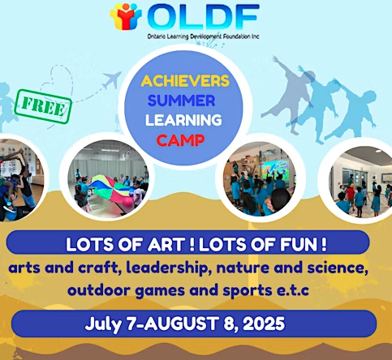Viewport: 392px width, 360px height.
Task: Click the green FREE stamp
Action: [43, 106]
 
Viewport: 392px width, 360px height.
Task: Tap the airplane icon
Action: [112, 79]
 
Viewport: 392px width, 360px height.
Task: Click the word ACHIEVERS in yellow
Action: [185, 81]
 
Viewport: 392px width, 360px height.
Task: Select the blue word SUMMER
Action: [181, 101]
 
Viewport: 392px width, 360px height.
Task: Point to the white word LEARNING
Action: [183, 120]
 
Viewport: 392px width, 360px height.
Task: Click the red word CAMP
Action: [180, 140]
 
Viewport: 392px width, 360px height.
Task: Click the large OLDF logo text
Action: [203, 16]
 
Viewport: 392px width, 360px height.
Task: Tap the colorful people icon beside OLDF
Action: [126, 16]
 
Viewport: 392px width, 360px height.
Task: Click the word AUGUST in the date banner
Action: [181, 324]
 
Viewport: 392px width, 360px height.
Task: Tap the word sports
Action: [248, 291]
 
